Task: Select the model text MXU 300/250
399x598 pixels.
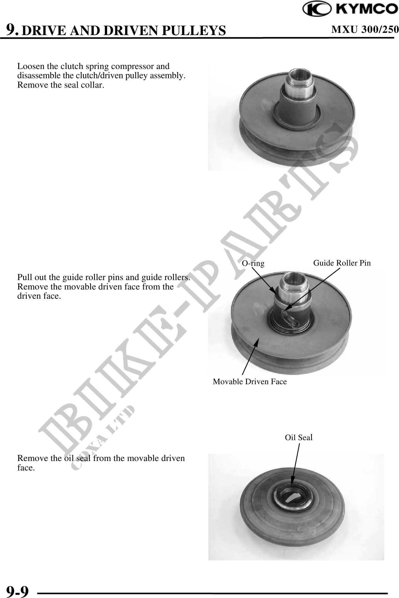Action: tap(365, 29)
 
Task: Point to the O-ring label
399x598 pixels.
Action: tap(253, 263)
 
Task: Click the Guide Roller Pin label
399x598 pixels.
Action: tap(342, 263)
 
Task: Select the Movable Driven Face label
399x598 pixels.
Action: tap(250, 381)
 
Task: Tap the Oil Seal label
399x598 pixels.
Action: tap(299, 437)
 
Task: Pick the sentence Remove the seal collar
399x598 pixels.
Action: tap(61, 85)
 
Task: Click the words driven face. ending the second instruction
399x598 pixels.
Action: tap(39, 296)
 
